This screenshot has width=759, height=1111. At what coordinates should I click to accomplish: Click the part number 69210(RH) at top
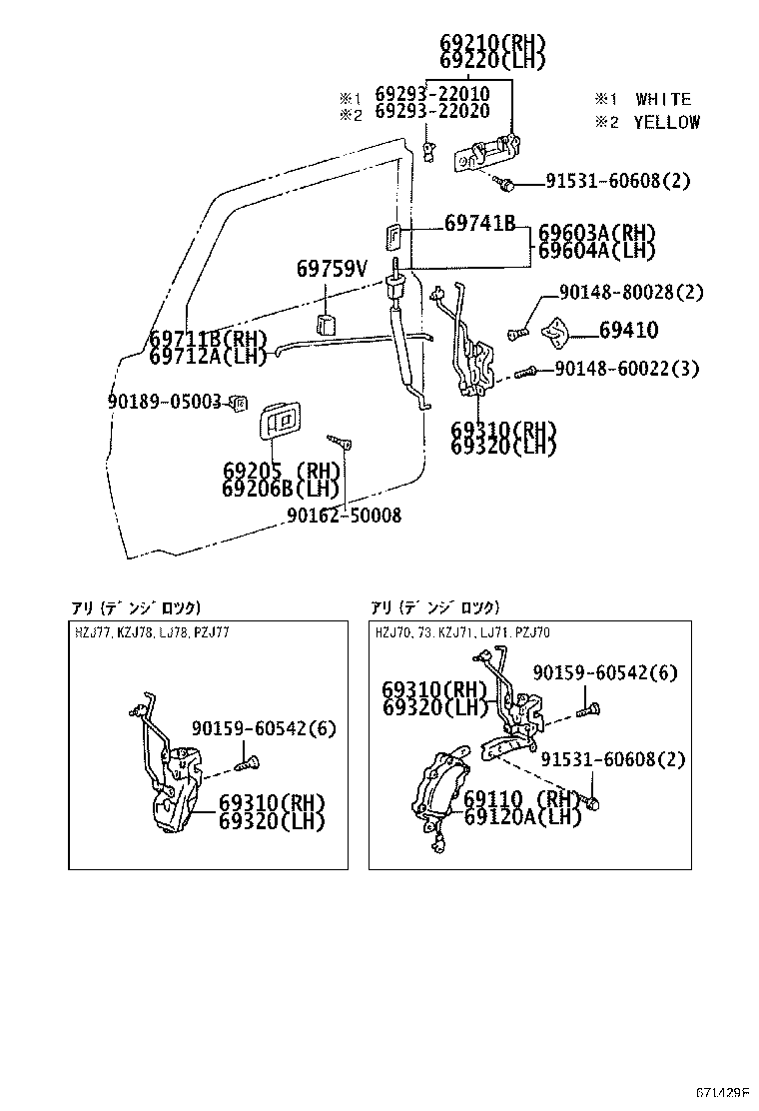492,42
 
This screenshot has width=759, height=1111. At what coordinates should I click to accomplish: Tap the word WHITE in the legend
662,99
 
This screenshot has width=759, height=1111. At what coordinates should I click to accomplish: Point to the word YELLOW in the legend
666,122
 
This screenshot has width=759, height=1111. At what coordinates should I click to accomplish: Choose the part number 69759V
332,269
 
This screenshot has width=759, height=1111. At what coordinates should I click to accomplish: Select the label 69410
628,330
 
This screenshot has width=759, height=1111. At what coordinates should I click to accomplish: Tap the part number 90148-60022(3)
626,370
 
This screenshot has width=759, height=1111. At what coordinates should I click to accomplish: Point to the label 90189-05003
164,402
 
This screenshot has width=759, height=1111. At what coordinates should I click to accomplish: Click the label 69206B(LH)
282,488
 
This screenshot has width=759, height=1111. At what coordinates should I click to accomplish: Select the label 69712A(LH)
208,355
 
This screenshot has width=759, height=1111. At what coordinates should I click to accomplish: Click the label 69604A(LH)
596,251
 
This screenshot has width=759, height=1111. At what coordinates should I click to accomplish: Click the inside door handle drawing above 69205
280,421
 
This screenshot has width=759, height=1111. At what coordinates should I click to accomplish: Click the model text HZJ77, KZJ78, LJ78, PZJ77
152,632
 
